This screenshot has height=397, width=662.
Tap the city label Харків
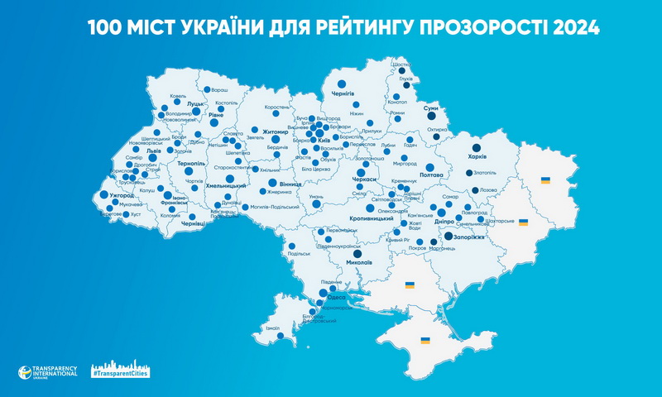click(477, 156)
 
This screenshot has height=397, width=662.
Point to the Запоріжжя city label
click(468, 237)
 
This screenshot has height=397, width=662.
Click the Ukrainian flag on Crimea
click(425, 340)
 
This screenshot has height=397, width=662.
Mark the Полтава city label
click(433, 175)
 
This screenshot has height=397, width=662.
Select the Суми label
click(430, 108)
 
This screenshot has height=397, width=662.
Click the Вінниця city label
click(290, 182)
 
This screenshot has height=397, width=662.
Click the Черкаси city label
click(365, 179)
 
